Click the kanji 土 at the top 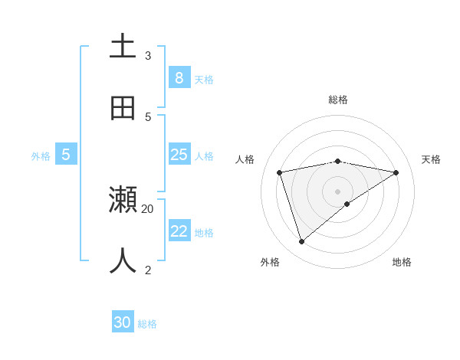coord(123,46)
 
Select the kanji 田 coord(123,108)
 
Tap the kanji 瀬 coord(123,200)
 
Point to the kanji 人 coord(123,260)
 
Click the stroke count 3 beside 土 coord(148,55)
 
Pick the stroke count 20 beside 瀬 coord(148,208)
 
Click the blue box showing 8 coord(179,78)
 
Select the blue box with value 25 coord(179,155)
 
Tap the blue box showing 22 coord(179,231)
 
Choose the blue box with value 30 coord(123,322)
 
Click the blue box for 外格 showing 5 coord(66,155)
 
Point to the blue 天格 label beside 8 coord(204,79)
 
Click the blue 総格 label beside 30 coord(147,324)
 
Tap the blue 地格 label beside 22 coord(204,233)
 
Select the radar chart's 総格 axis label coord(338,100)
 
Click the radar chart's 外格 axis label coord(270,262)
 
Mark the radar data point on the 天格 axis coord(396,172)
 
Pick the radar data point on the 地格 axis coord(347,204)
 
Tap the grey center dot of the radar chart coord(338,191)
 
